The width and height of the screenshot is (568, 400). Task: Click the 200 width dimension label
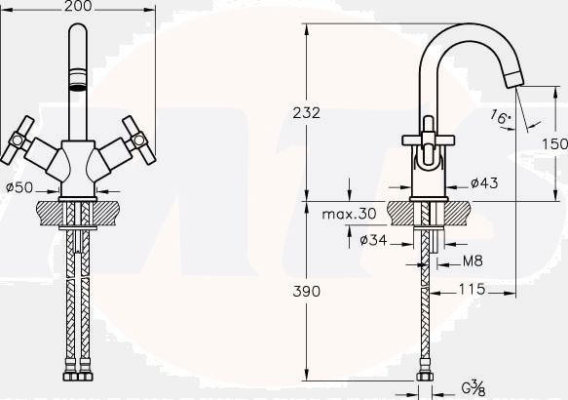tap(78, 6)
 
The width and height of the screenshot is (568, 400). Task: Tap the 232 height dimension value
tap(307, 113)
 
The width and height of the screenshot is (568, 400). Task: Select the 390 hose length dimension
tap(307, 291)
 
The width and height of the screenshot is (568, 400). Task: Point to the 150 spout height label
tap(554, 144)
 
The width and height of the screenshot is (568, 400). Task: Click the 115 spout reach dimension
tap(472, 289)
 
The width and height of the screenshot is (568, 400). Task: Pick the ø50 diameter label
tap(19, 187)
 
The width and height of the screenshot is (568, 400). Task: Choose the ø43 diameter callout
tap(484, 182)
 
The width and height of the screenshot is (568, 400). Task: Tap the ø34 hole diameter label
tap(373, 240)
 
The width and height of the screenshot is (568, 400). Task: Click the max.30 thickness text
tap(349, 214)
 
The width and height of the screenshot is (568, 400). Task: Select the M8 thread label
tap(473, 260)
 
